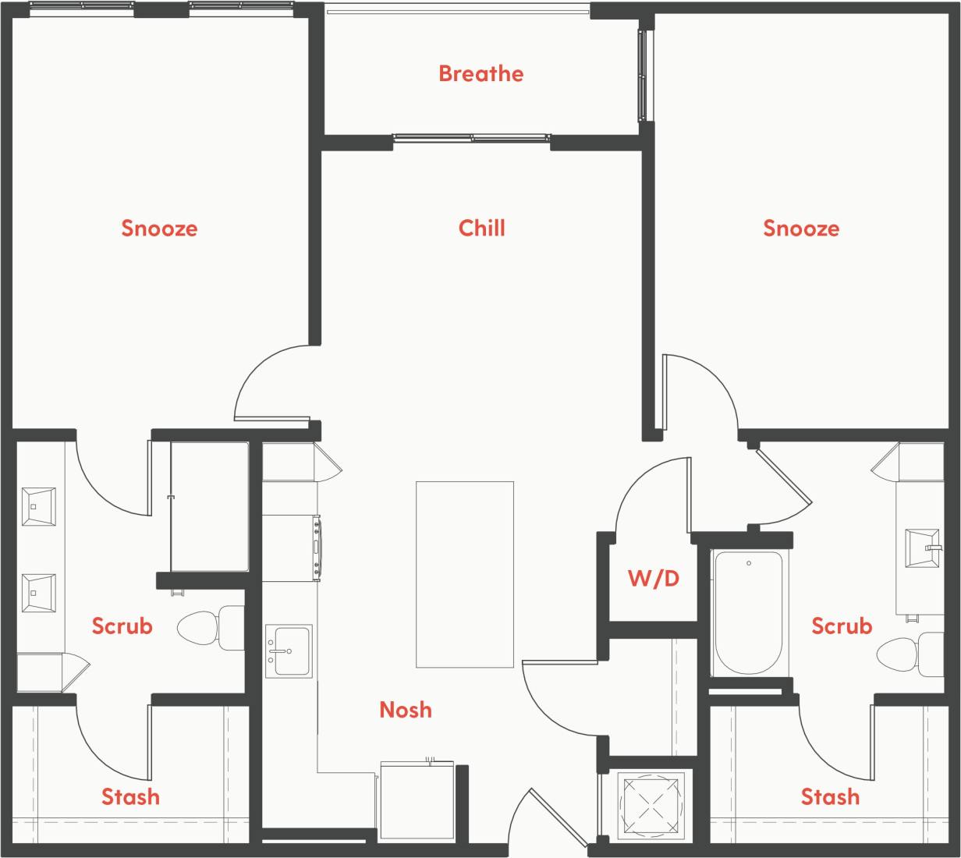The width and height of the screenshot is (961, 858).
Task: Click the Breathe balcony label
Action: pos(480,73)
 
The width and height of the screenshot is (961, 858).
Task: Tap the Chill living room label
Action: pos(481,228)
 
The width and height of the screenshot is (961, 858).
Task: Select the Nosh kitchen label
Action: pos(405,709)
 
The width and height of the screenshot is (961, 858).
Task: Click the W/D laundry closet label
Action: pos(654,578)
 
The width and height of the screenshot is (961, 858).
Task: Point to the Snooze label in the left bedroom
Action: pos(159,228)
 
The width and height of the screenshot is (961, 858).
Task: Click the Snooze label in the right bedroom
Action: pos(801,228)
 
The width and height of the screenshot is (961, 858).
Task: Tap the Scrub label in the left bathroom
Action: pos(122,626)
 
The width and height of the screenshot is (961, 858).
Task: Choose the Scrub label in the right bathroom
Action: pos(842,626)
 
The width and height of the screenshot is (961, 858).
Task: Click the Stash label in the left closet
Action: pos(130,796)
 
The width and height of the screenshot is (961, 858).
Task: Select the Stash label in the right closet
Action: pos(830,796)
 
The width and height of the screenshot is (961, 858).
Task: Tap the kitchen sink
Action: pos(289,651)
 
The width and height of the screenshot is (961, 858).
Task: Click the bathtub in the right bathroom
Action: pos(748,612)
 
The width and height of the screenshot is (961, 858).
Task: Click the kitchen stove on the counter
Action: pos(291,548)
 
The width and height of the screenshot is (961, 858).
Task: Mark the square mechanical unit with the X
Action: pos(651,806)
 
